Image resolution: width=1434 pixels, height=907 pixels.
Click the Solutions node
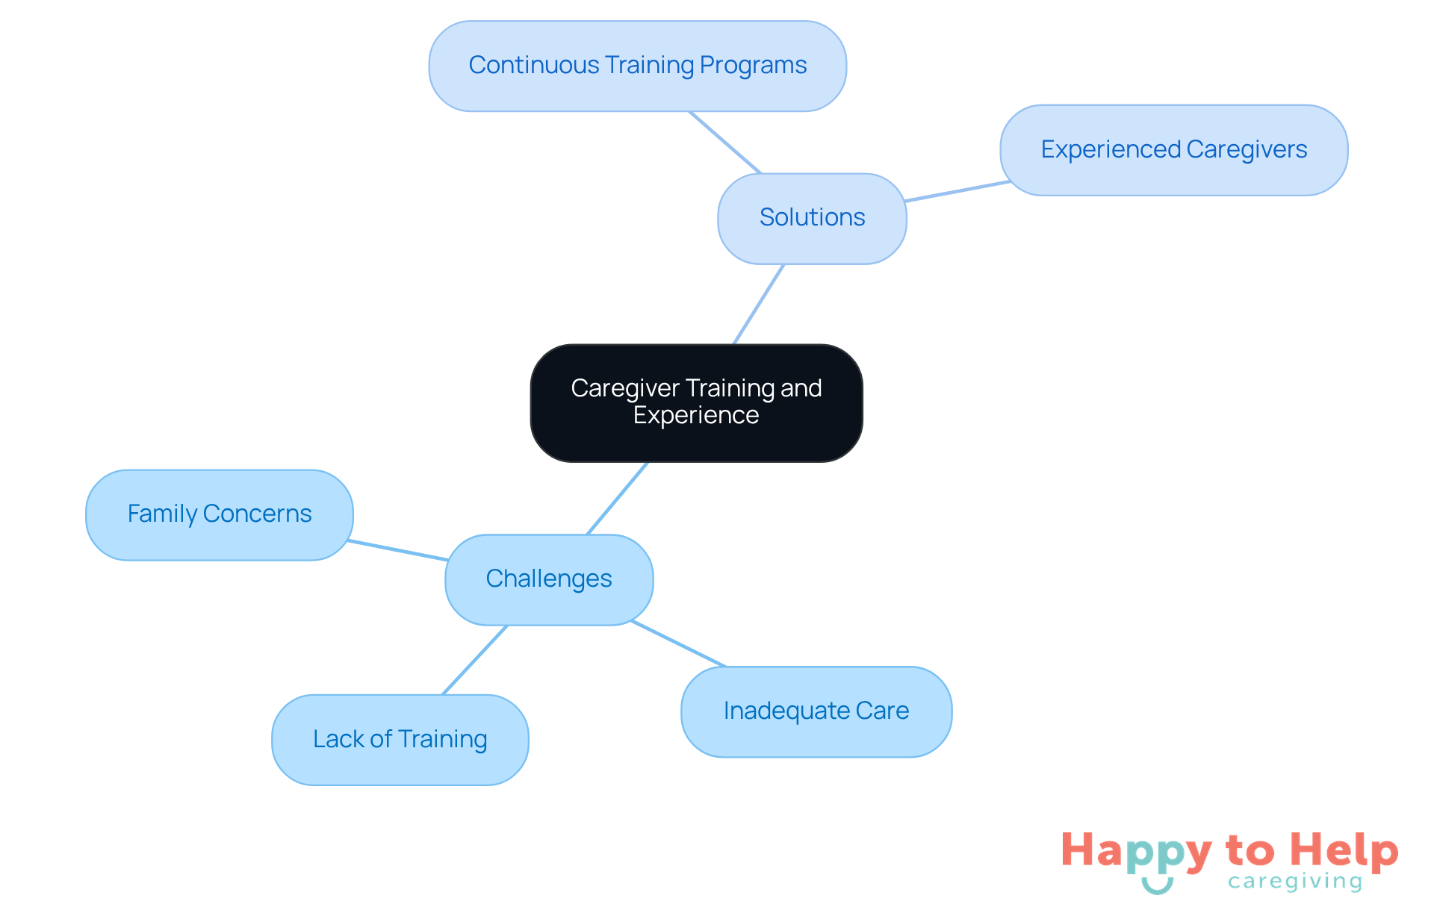pyautogui.click(x=812, y=218)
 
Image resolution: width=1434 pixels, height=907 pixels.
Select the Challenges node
pyautogui.click(x=549, y=579)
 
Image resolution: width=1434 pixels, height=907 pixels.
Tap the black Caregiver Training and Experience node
pyautogui.click(x=696, y=402)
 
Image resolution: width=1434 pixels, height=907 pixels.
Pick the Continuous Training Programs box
pyautogui.click(x=637, y=66)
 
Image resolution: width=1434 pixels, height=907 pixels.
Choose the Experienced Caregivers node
pyautogui.click(x=1173, y=150)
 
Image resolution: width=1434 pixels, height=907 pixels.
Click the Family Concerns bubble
pyautogui.click(x=219, y=514)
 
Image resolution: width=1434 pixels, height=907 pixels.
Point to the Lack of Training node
pyautogui.click(x=400, y=740)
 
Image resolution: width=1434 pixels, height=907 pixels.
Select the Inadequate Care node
pyautogui.click(x=816, y=711)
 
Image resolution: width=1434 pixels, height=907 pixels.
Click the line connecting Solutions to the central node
pyautogui.click(x=759, y=304)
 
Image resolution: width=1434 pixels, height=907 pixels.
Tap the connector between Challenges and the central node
pyautogui.click(x=618, y=498)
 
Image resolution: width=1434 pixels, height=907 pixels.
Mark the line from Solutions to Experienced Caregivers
pyautogui.click(x=957, y=191)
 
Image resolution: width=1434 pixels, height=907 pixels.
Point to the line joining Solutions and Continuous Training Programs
pyautogui.click(x=724, y=142)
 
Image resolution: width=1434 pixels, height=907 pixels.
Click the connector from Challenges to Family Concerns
pyautogui.click(x=398, y=550)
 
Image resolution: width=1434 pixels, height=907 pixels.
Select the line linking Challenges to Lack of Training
pyautogui.click(x=475, y=660)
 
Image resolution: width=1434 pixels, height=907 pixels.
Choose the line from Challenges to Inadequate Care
pyautogui.click(x=678, y=643)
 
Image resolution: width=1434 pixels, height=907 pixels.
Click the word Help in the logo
pyautogui.click(x=1344, y=852)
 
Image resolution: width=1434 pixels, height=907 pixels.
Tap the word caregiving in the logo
pyautogui.click(x=1295, y=882)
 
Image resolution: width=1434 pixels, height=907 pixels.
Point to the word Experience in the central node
pyautogui.click(x=696, y=416)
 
